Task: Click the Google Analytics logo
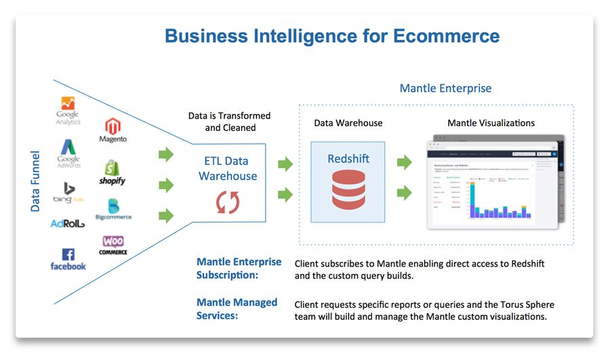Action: click(68, 111)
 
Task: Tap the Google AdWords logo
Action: click(68, 153)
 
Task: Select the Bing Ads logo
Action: click(68, 193)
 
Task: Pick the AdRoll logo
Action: click(68, 223)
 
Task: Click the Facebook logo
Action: click(68, 259)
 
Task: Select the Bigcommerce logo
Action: click(113, 209)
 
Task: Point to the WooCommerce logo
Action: click(113, 245)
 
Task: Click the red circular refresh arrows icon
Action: click(227, 201)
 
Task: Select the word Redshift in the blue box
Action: click(348, 159)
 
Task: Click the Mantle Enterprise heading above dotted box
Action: click(445, 88)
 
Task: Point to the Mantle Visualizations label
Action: click(491, 123)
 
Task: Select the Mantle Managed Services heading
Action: click(237, 308)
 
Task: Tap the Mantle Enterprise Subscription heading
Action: click(239, 268)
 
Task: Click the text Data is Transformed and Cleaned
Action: click(229, 121)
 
